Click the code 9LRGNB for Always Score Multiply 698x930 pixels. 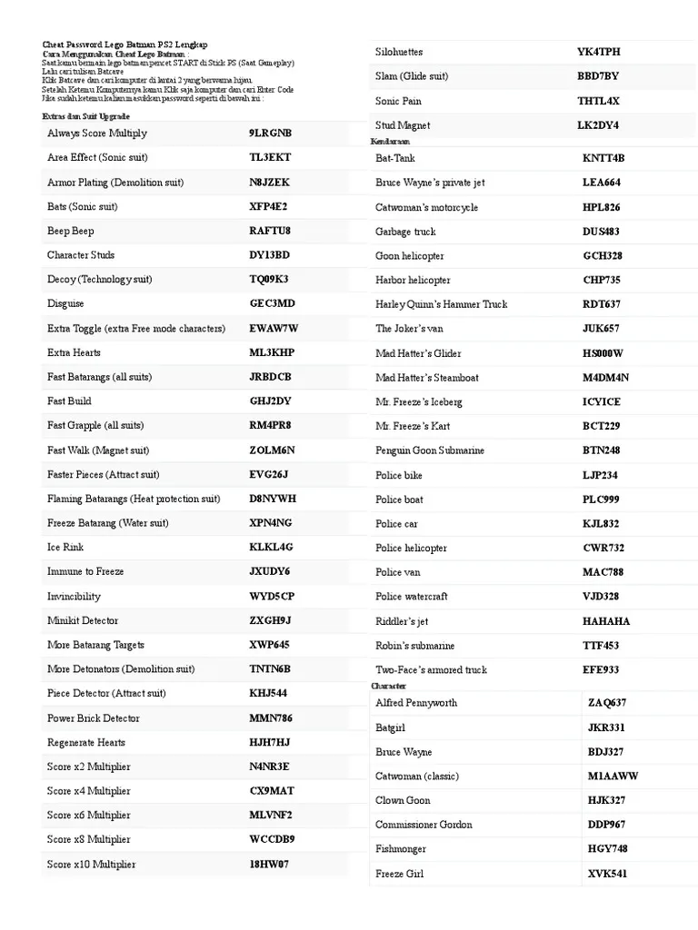pos(270,134)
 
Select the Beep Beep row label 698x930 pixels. pos(71,231)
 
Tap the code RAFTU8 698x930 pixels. pos(270,231)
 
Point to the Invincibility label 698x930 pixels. pos(74,596)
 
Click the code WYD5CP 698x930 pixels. pos(272,596)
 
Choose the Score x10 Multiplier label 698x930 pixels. pos(91,864)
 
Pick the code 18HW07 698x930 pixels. pos(269,864)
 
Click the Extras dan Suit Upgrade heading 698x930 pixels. pos(85,117)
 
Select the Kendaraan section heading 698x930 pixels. pos(390,142)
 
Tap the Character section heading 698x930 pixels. pos(388,686)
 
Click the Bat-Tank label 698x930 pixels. pos(395,158)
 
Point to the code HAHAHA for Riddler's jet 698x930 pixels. pos(606,621)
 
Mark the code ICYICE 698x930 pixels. pos(602,401)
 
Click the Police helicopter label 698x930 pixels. pos(411,548)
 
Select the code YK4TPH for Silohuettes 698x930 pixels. pos(599,52)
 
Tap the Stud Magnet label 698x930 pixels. pos(403,125)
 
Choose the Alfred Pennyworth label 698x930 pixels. pos(416,703)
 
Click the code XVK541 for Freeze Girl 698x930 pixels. pos(607,874)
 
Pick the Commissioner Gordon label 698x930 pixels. pos(424,825)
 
